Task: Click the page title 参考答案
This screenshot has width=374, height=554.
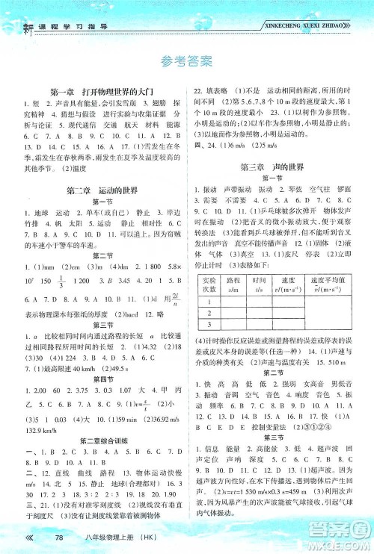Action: (186, 60)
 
